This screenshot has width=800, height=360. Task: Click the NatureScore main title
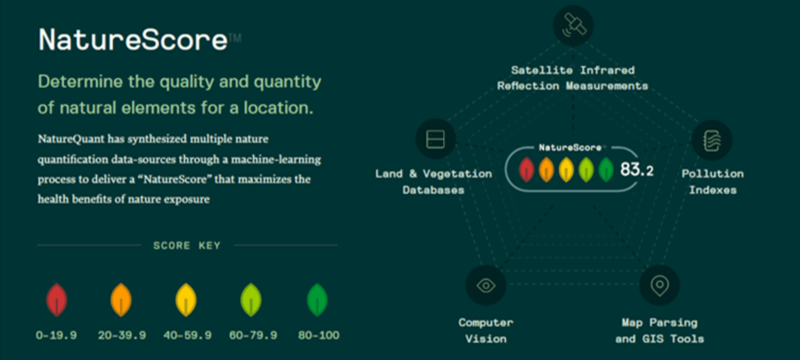(x=133, y=40)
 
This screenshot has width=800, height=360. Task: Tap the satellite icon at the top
(x=573, y=25)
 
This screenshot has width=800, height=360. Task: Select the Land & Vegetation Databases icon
(x=435, y=139)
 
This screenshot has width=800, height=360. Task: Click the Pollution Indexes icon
(x=712, y=140)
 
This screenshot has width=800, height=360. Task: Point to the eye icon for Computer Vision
(x=485, y=285)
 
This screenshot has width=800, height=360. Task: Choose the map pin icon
(x=659, y=285)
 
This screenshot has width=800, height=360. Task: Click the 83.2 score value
(x=636, y=170)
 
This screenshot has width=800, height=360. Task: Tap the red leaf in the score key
(x=56, y=300)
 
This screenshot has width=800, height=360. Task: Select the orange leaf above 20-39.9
(x=121, y=300)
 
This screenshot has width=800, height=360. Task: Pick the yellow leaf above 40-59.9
(x=186, y=300)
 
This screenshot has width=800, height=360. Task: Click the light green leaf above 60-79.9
(x=251, y=300)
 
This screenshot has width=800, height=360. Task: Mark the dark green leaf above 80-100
(x=317, y=300)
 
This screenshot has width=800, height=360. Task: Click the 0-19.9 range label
(x=56, y=335)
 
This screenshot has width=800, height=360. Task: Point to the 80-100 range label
(x=318, y=335)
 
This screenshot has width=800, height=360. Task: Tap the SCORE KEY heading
(x=186, y=245)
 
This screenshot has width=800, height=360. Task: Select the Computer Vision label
(x=485, y=330)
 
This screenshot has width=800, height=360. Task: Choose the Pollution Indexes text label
(x=712, y=181)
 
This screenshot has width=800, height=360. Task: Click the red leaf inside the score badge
(x=526, y=170)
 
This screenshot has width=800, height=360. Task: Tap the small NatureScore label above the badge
(x=570, y=147)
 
